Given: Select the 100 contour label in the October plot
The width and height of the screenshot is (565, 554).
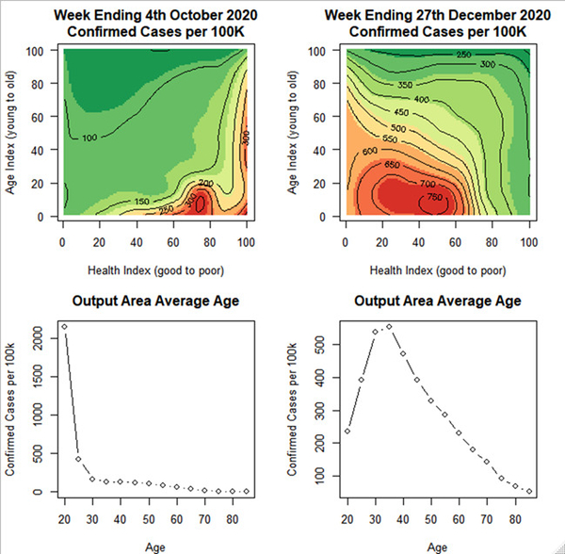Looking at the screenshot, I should pyautogui.click(x=90, y=138).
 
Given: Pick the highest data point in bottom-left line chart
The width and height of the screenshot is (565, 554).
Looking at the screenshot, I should pyautogui.click(x=63, y=327).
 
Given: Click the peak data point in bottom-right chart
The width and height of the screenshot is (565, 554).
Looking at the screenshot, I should pyautogui.click(x=389, y=327).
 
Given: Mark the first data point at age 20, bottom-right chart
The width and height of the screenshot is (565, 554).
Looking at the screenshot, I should pyautogui.click(x=347, y=431).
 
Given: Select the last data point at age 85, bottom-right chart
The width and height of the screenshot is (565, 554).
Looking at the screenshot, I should pyautogui.click(x=529, y=491).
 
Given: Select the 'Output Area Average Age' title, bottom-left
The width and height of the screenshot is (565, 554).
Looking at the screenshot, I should pyautogui.click(x=154, y=301).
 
